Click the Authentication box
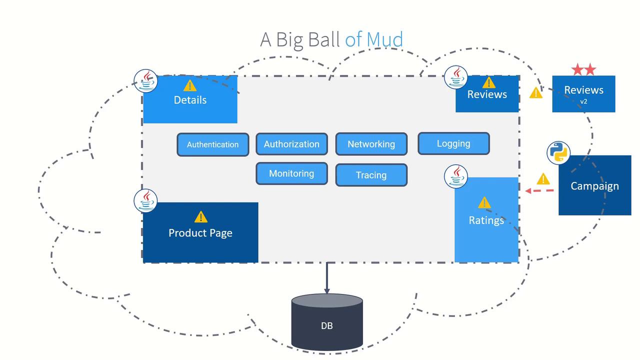[212, 144]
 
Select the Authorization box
[291, 144]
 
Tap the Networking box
[371, 144]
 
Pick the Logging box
[453, 143]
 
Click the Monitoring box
[291, 173]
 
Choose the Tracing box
[371, 175]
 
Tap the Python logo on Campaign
[558, 153]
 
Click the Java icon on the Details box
[146, 80]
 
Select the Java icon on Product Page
[146, 200]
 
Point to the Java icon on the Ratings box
[456, 176]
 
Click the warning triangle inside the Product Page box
[200, 216]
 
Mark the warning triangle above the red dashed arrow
[543, 179]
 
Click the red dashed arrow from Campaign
[540, 190]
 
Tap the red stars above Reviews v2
[583, 69]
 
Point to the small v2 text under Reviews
[583, 101]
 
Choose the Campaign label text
[594, 186]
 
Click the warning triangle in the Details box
[190, 85]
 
